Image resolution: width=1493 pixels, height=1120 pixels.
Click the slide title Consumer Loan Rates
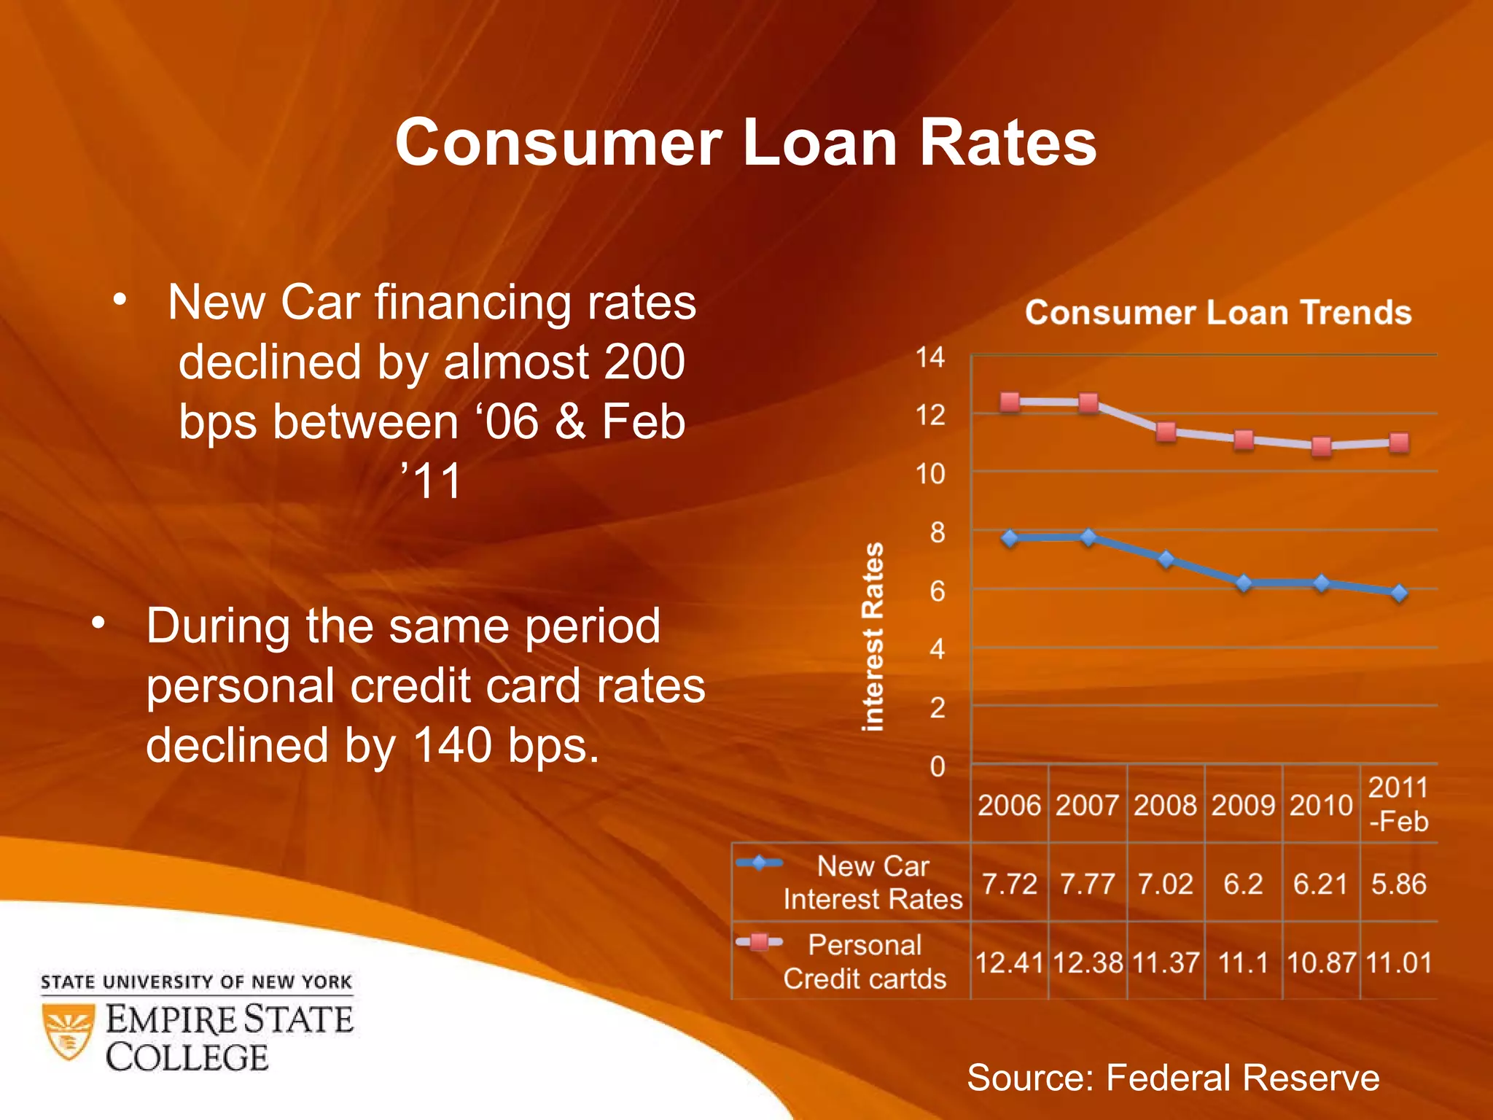746,143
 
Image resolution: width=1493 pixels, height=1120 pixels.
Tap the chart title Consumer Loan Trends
1217,313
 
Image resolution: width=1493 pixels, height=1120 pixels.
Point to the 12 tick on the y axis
930,416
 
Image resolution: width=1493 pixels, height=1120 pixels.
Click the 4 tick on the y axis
937,649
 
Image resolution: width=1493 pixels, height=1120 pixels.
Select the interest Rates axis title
873,636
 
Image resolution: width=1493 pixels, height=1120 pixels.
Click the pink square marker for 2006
1010,402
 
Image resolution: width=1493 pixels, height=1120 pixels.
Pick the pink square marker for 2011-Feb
1398,443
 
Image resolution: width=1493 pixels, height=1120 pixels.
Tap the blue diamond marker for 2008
1166,559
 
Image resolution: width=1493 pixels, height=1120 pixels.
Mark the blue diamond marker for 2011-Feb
1398,593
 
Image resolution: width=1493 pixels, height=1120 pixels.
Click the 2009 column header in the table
1243,806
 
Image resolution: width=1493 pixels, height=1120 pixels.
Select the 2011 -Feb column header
1398,804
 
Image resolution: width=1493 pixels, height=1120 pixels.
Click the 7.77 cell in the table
1087,884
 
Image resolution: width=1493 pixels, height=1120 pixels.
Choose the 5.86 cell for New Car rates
1398,884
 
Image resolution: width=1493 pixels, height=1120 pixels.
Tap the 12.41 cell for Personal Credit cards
1009,962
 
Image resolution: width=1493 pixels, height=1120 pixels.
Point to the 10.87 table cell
1320,962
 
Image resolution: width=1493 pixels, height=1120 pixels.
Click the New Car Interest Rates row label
873,882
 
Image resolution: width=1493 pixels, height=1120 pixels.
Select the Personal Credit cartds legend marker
759,942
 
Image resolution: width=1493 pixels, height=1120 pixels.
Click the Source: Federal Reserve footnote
1172,1077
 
